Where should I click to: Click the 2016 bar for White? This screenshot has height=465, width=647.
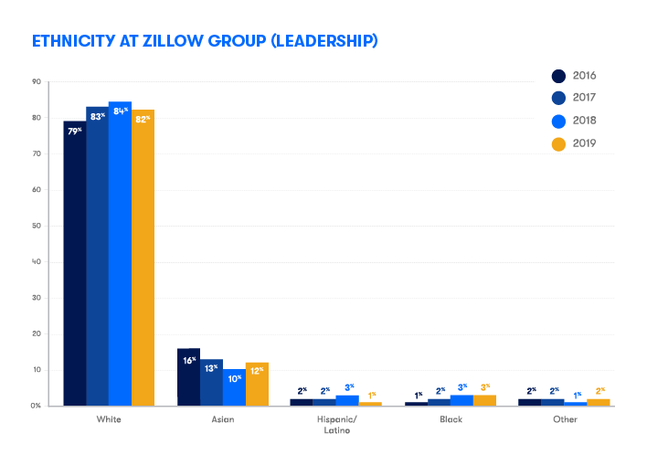(75, 263)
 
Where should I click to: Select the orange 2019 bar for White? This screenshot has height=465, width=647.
(143, 258)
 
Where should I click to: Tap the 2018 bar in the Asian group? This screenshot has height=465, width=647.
(234, 387)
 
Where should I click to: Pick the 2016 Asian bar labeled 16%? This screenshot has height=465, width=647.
(188, 377)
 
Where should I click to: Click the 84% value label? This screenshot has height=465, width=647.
(121, 111)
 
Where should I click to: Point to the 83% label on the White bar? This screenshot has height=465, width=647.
(98, 117)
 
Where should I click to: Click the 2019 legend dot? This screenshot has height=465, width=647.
(558, 144)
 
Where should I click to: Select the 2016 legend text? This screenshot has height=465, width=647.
(584, 76)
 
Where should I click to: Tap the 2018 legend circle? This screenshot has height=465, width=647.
(558, 122)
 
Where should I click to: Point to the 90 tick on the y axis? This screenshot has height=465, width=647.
(37, 81)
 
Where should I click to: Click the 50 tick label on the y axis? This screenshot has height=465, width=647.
(37, 226)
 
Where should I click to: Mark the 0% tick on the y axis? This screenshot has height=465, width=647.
(36, 406)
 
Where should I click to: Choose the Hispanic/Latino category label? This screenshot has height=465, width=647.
(336, 425)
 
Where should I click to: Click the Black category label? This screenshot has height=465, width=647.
(451, 419)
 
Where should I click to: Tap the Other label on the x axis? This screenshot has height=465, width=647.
(565, 419)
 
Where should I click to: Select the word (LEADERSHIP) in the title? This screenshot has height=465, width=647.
(324, 41)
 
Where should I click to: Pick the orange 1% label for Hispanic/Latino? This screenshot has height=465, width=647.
(372, 396)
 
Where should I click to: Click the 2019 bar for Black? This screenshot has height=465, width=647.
(485, 401)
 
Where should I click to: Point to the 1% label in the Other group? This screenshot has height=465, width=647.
(578, 396)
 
